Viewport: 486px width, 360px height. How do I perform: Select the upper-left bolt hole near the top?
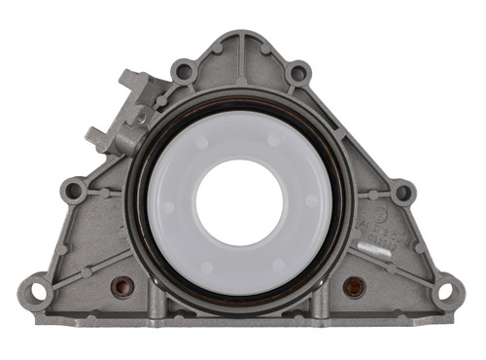(182, 71)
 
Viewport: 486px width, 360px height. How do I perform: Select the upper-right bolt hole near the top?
(298, 72)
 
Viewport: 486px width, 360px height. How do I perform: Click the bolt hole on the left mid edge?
(73, 190)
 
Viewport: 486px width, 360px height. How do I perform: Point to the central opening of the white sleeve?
(239, 202)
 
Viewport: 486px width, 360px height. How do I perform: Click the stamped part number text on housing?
(373, 226)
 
